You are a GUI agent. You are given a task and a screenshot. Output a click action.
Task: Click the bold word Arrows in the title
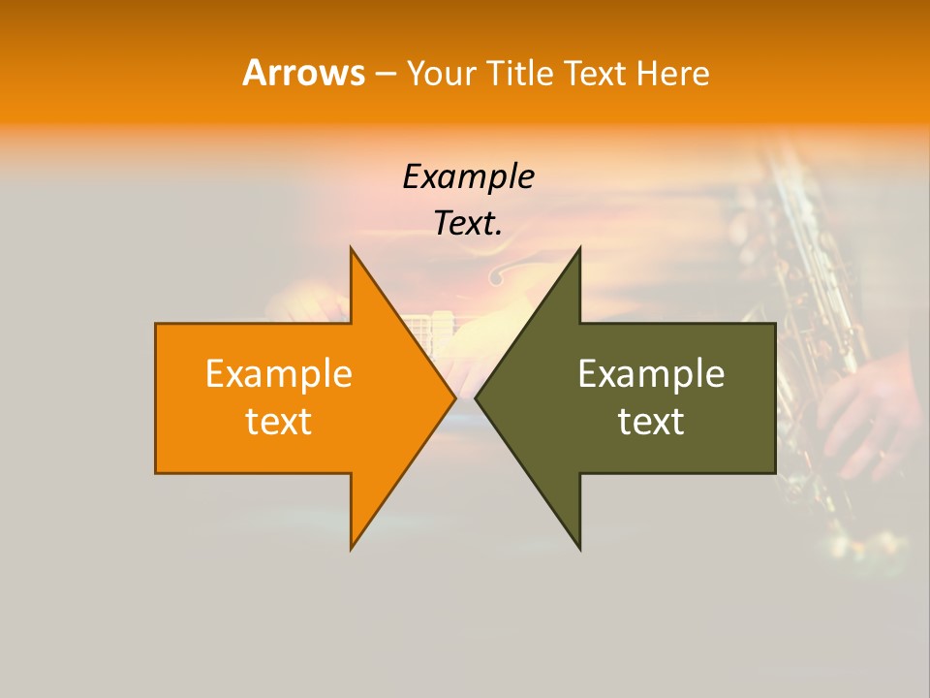pos(303,73)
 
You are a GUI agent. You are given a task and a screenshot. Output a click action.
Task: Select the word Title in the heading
pos(522,74)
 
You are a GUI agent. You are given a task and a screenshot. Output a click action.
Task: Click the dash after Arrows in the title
pos(385,74)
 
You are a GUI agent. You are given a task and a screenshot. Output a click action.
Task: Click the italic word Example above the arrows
pos(468,177)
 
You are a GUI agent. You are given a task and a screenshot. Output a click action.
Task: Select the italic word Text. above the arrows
pos(468,224)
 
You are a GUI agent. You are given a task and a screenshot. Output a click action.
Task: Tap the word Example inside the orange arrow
pos(278,373)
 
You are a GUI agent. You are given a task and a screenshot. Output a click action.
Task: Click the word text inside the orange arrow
pos(278,422)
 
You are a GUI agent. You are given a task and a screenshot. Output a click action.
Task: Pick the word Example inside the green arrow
pos(651,373)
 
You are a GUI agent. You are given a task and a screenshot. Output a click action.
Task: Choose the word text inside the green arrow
pos(651,422)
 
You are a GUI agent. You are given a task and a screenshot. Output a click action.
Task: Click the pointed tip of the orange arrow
pos(454,397)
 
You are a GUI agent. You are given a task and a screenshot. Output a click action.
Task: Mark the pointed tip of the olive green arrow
pos(477,397)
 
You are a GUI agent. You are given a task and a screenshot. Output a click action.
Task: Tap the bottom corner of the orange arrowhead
pos(352,547)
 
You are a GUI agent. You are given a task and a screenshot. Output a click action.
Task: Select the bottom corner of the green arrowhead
pos(579,547)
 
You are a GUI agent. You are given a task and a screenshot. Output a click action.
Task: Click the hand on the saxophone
pos(867,407)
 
